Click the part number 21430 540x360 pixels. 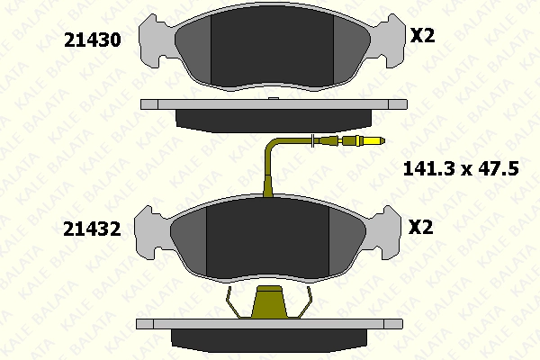(93, 40)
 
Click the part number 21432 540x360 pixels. (92, 229)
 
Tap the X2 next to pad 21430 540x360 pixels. (423, 35)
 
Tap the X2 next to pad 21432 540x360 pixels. (420, 227)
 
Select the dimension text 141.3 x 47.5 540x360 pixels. (461, 169)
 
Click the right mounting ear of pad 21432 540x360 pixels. (386, 232)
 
